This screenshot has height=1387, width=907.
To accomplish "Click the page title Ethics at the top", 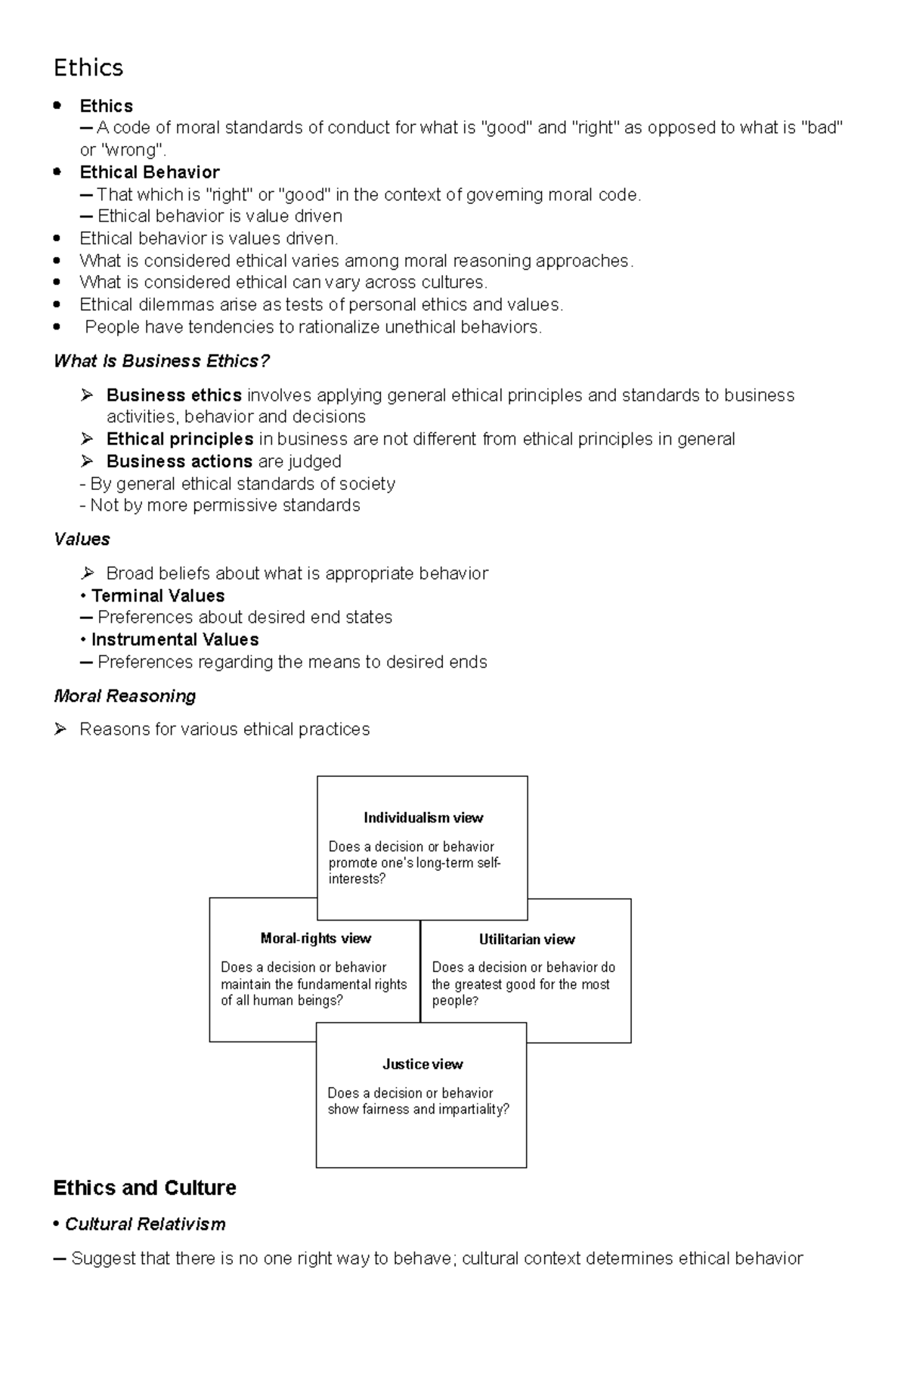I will (x=88, y=68).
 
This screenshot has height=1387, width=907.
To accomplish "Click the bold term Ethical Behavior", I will (x=150, y=172).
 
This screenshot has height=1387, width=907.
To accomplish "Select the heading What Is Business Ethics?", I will (x=162, y=361).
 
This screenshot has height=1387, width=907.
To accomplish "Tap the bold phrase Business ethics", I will (x=174, y=395).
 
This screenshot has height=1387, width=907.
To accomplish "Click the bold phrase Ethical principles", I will (x=180, y=439).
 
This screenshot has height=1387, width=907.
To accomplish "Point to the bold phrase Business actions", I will (x=179, y=461).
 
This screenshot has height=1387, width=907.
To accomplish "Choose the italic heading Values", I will (x=82, y=540).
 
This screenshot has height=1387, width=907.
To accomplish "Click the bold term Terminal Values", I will (x=158, y=596).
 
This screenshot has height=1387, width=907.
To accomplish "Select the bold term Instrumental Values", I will (x=175, y=639).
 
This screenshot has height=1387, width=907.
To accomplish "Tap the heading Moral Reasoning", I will (x=125, y=696).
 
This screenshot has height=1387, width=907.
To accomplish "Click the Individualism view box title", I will (x=423, y=818).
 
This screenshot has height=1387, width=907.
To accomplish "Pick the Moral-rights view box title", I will (x=315, y=939).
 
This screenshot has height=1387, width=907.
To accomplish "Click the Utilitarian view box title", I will (x=527, y=940).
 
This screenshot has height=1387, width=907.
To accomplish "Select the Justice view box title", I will (x=423, y=1064).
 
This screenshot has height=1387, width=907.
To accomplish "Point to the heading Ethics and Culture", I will (x=144, y=1188).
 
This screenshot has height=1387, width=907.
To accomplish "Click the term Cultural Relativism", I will (x=145, y=1224).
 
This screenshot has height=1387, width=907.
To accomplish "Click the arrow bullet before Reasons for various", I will (x=61, y=729).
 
